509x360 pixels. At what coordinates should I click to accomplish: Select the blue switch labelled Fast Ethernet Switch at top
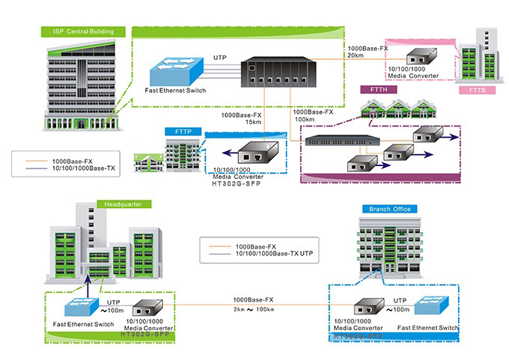coord(174,72)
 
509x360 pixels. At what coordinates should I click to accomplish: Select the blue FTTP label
coord(183,132)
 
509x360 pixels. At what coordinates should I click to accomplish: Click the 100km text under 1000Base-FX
coord(305,119)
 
